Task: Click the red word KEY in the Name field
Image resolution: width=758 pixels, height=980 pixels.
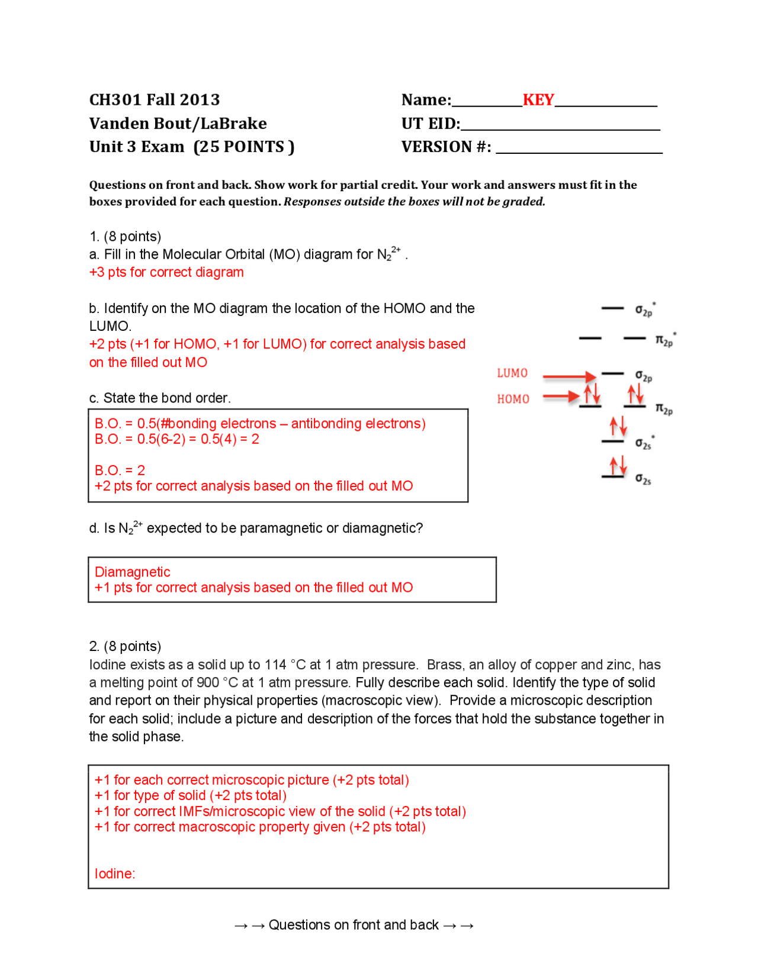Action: click(x=538, y=99)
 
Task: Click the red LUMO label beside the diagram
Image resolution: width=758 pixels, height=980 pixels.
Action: click(x=512, y=373)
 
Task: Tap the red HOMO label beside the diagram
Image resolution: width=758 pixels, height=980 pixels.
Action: click(x=513, y=399)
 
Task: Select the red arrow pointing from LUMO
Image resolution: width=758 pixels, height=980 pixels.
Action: click(x=569, y=376)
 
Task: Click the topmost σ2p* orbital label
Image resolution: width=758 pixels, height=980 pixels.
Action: click(x=644, y=310)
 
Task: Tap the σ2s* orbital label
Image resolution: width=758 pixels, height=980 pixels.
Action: click(x=644, y=443)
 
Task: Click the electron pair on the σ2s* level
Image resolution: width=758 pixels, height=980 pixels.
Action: click(x=618, y=426)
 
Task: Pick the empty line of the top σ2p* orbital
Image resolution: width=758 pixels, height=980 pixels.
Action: click(x=612, y=308)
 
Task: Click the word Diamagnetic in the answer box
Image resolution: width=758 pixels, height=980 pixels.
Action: click(x=132, y=572)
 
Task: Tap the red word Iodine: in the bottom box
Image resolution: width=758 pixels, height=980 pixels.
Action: click(x=115, y=873)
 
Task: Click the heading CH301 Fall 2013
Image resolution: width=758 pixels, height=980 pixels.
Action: click(x=155, y=99)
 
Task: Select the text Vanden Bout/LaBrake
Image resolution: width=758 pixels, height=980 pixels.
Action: click(x=178, y=123)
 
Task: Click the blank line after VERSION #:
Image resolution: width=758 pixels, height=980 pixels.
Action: click(x=579, y=150)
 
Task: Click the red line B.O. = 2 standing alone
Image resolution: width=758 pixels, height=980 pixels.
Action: click(x=120, y=470)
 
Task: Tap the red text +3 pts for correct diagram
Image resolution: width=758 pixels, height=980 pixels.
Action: click(x=166, y=272)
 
